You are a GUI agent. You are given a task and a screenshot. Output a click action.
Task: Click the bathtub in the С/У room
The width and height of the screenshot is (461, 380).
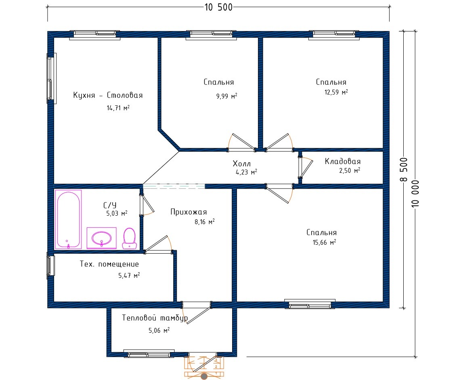click(68, 219)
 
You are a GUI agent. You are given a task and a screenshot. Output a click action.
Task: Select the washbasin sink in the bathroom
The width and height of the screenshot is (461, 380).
click(101, 238)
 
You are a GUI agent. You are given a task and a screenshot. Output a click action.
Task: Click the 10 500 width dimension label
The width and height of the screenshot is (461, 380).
click(218, 7)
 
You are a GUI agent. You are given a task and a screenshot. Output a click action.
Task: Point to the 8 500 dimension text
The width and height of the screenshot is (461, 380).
click(404, 170)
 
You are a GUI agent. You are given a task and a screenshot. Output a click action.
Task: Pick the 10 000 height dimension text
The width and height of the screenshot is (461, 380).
click(415, 193)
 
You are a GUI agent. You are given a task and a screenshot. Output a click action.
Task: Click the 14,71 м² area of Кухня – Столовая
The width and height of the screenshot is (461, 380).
click(118, 108)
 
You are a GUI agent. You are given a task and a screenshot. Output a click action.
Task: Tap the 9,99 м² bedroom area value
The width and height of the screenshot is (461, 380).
click(227, 96)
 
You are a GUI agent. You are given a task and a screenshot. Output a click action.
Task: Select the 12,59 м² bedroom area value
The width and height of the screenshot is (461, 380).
click(336, 92)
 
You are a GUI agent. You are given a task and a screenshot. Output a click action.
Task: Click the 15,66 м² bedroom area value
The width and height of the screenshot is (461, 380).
click(324, 242)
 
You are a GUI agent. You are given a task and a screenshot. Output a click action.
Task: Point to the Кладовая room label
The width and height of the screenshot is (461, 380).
click(342, 161)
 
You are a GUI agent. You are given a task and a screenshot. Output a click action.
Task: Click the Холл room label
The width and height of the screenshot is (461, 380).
click(242, 164)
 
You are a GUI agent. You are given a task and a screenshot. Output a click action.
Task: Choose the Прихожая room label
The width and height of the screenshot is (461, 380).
click(189, 212)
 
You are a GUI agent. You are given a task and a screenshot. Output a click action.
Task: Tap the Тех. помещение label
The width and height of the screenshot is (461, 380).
click(109, 264)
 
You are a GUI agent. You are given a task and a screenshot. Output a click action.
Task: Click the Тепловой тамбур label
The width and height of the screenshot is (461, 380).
click(155, 318)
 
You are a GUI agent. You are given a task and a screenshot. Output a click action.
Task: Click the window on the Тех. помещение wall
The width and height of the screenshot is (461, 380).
click(50, 265)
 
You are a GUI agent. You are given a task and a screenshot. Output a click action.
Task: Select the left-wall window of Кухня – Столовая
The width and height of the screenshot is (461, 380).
click(51, 78)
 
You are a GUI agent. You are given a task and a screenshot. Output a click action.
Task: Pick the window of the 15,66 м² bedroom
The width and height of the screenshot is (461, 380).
click(310, 304)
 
